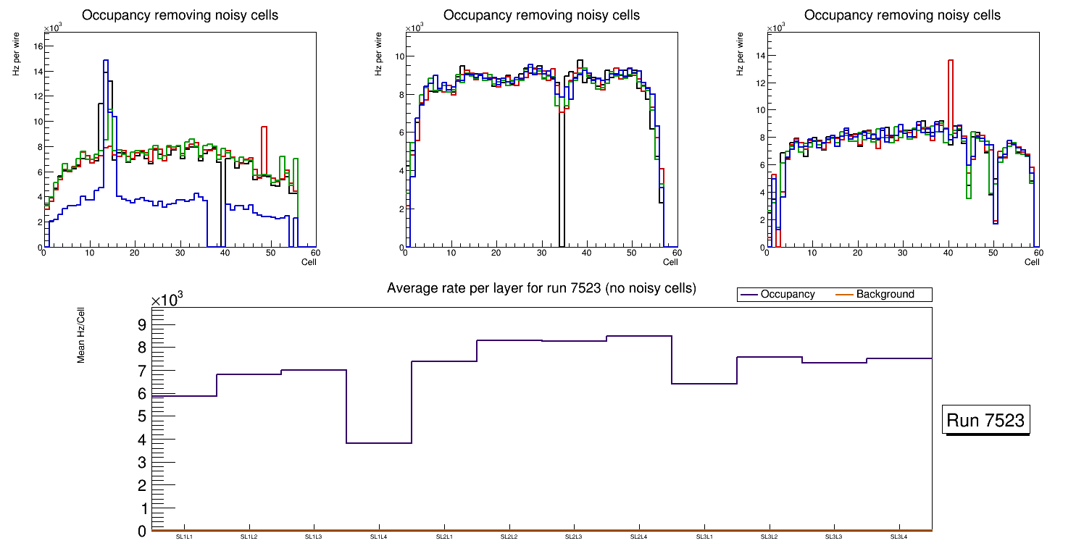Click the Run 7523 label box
pyautogui.click(x=986, y=420)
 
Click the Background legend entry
pyautogui.click(x=885, y=295)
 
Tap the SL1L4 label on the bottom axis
pyautogui.click(x=379, y=537)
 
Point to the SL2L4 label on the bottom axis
pyautogui.click(x=639, y=537)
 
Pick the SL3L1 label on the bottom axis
pyautogui.click(x=704, y=537)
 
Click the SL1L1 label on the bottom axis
pyautogui.click(x=184, y=537)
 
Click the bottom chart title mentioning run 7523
pyautogui.click(x=541, y=288)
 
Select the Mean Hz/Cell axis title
pyautogui.click(x=82, y=335)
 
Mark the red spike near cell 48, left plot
pyautogui.click(x=264, y=129)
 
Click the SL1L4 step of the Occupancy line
pyautogui.click(x=379, y=442)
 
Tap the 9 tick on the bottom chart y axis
pyautogui.click(x=141, y=324)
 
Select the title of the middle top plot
pyautogui.click(x=541, y=15)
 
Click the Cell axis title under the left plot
pyautogui.click(x=309, y=262)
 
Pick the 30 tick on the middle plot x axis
pyautogui.click(x=541, y=253)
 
